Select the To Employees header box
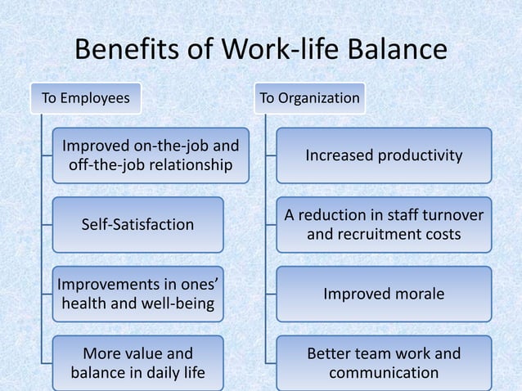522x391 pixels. pyautogui.click(x=86, y=99)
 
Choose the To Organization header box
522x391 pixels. pyautogui.click(x=309, y=99)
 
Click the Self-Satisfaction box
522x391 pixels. pyautogui.click(x=138, y=224)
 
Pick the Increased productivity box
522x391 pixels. pyautogui.click(x=384, y=155)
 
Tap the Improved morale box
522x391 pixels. pyautogui.click(x=384, y=294)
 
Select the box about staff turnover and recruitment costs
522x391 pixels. pyautogui.click(x=384, y=224)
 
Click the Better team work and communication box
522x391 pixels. pyautogui.click(x=384, y=363)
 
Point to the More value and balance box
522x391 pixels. pyautogui.click(x=138, y=363)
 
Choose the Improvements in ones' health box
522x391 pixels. pyautogui.click(x=138, y=294)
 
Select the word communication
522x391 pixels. pyautogui.click(x=384, y=373)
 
